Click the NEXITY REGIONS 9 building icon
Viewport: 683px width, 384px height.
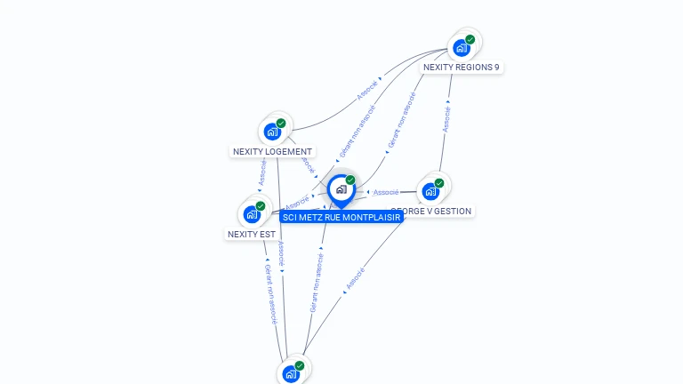click(462, 48)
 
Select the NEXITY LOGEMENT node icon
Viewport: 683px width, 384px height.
click(272, 132)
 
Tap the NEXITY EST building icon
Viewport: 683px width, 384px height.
click(252, 214)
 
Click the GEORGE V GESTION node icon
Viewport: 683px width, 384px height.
click(430, 191)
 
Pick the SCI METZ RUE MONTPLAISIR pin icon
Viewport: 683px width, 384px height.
click(341, 189)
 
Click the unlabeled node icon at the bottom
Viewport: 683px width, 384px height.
click(290, 374)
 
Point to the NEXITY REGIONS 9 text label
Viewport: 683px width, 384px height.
click(461, 67)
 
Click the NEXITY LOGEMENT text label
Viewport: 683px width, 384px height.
click(272, 151)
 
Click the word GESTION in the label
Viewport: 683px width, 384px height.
click(454, 212)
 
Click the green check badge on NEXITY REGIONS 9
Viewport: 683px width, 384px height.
click(470, 39)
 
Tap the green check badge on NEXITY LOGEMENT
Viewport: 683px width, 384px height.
click(281, 124)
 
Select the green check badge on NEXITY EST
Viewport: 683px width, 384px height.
click(261, 206)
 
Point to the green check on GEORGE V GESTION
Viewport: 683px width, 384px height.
click(439, 183)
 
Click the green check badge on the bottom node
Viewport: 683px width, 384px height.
click(300, 365)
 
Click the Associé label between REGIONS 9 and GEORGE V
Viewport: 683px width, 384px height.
click(446, 119)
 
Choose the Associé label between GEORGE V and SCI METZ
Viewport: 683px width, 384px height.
click(385, 192)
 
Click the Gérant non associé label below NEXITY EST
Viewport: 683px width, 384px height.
click(272, 293)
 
